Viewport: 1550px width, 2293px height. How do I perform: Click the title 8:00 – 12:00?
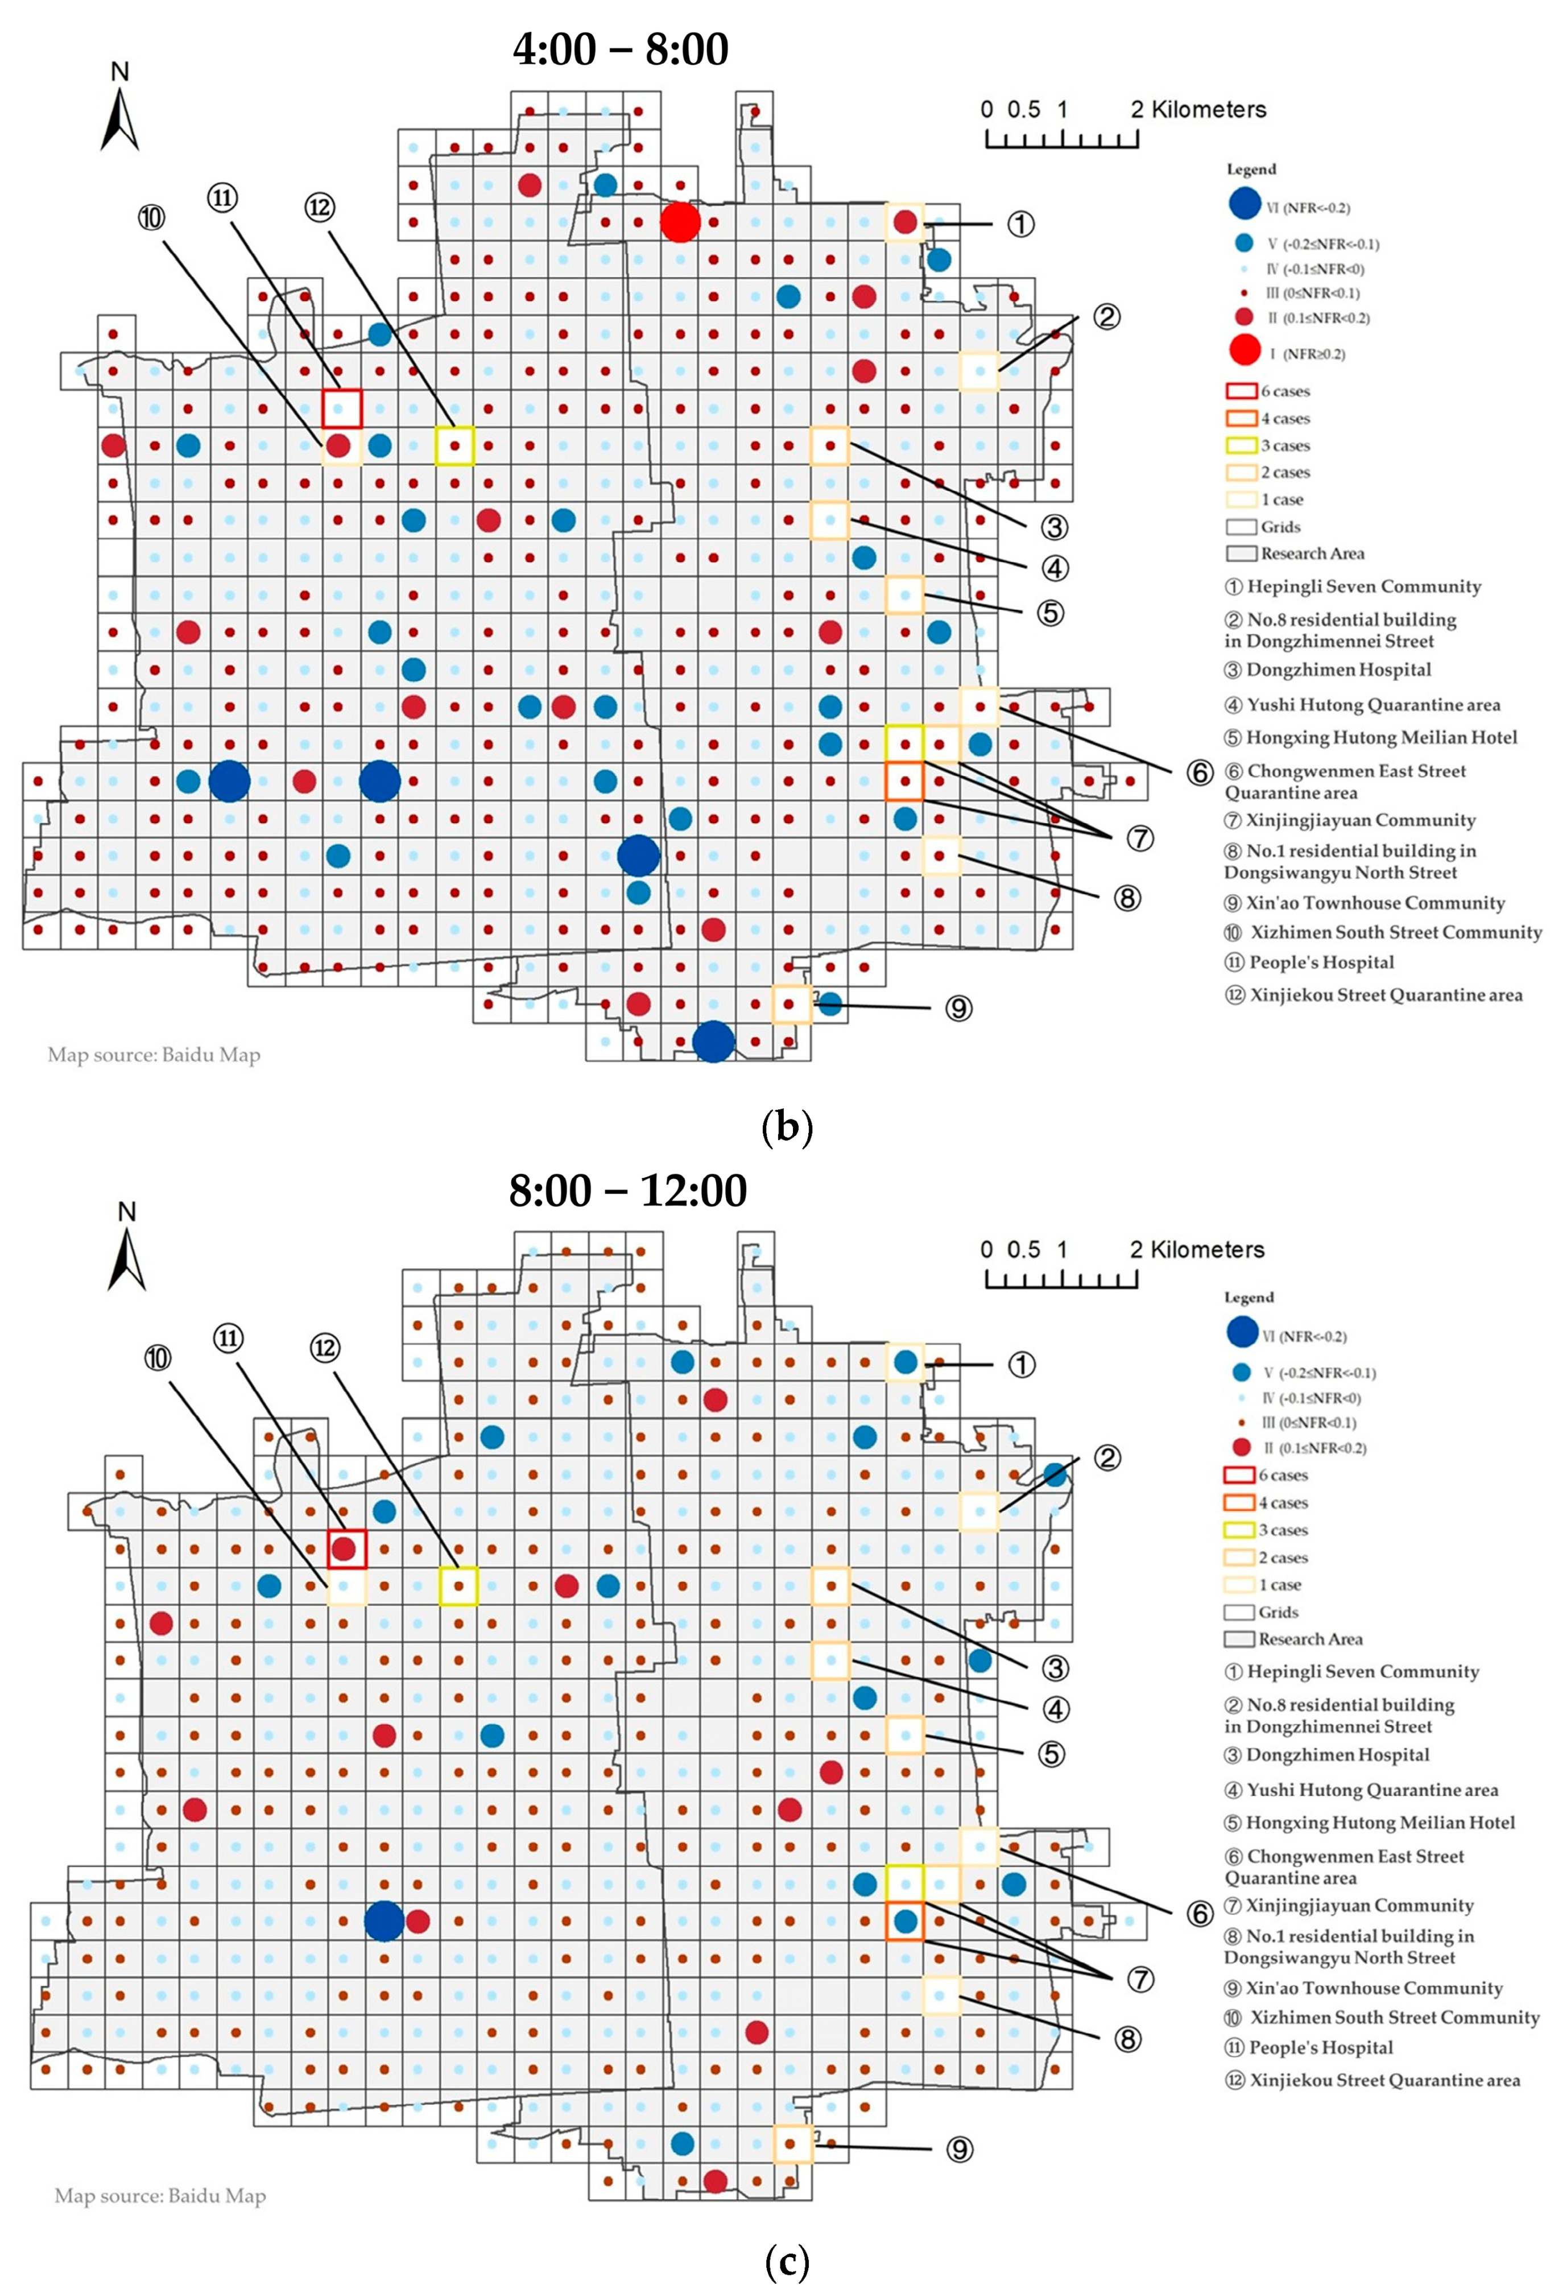(x=627, y=1190)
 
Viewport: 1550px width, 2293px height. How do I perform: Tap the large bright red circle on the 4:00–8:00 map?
(x=680, y=222)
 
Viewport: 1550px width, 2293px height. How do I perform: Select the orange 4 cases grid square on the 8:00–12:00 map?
(x=905, y=1921)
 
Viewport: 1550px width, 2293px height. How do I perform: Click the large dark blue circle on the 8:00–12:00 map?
(x=384, y=1921)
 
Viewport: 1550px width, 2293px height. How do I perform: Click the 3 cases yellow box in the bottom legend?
(x=1239, y=1529)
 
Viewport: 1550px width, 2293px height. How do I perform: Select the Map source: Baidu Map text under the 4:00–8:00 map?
(x=154, y=1055)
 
